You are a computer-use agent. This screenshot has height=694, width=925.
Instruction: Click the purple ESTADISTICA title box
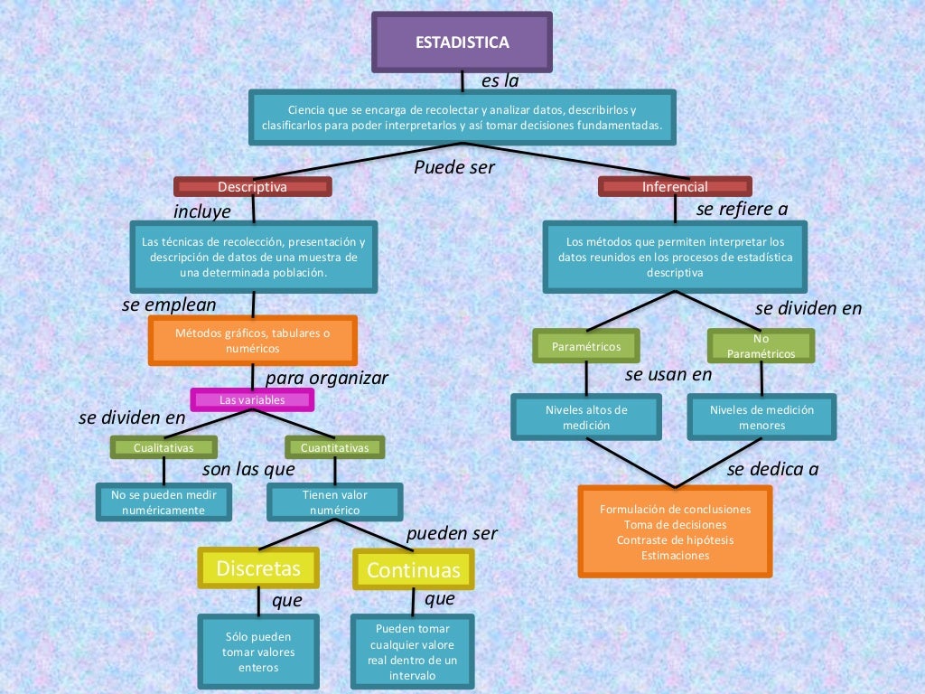pyautogui.click(x=462, y=42)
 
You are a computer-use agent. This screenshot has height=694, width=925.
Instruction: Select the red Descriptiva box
pyautogui.click(x=253, y=187)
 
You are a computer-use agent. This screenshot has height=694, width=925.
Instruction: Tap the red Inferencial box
pyautogui.click(x=675, y=187)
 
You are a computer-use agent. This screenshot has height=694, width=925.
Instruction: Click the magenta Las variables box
pyautogui.click(x=252, y=399)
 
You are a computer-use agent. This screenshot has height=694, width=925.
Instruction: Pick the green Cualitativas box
pyautogui.click(x=164, y=447)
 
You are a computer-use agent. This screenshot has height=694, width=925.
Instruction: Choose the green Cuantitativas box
pyautogui.click(x=334, y=447)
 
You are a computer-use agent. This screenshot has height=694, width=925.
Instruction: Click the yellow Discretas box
pyautogui.click(x=258, y=568)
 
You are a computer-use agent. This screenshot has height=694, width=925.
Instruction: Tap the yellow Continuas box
pyautogui.click(x=413, y=570)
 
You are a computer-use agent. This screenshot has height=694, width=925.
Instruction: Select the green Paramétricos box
pyautogui.click(x=586, y=346)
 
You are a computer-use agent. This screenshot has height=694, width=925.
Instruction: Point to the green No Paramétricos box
pyautogui.click(x=761, y=346)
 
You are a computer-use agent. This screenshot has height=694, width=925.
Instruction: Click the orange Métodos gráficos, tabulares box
pyautogui.click(x=253, y=340)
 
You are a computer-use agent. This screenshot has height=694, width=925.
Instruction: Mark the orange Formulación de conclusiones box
pyautogui.click(x=675, y=531)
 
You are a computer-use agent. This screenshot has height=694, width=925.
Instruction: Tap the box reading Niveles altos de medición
pyautogui.click(x=586, y=417)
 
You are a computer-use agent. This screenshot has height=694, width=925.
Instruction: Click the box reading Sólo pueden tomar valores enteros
pyautogui.click(x=258, y=652)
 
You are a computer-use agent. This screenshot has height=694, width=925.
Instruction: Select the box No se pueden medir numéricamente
pyautogui.click(x=164, y=502)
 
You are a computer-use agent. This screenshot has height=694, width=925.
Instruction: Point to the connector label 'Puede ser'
pyautogui.click(x=454, y=167)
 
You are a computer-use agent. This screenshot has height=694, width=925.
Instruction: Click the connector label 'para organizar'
pyautogui.click(x=326, y=379)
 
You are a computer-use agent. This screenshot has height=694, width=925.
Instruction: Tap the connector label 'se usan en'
pyautogui.click(x=668, y=374)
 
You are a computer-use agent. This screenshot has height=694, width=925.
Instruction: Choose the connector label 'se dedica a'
pyautogui.click(x=772, y=470)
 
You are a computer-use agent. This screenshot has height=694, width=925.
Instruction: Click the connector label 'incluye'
pyautogui.click(x=202, y=212)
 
